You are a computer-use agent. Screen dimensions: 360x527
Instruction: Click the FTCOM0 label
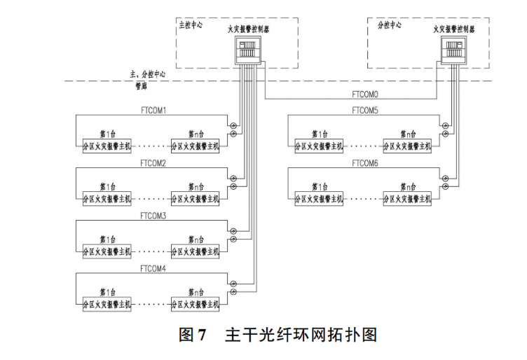(364, 93)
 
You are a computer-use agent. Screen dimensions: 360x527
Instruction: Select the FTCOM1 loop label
(153, 111)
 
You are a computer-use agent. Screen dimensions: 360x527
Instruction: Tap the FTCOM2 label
(153, 163)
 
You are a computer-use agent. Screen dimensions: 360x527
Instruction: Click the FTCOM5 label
(365, 111)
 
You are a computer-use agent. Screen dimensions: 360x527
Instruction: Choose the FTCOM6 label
(365, 163)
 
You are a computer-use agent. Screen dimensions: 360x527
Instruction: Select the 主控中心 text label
(193, 25)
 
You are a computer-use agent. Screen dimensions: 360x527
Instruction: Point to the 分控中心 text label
(390, 25)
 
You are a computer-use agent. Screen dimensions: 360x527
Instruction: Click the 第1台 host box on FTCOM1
(106, 147)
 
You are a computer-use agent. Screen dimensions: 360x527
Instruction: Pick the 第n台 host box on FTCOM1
(195, 147)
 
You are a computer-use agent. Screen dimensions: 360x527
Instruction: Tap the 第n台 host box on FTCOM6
(407, 200)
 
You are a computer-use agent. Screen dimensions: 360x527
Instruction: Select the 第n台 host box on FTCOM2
(195, 200)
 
